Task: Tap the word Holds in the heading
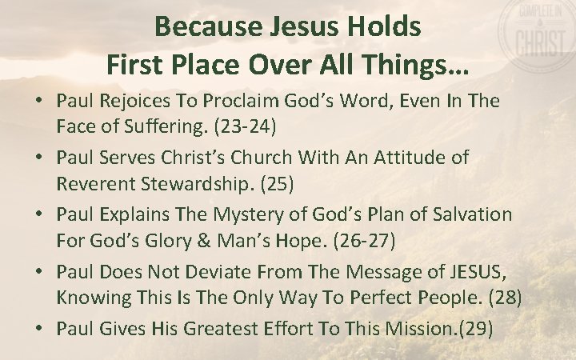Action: click(386, 26)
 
